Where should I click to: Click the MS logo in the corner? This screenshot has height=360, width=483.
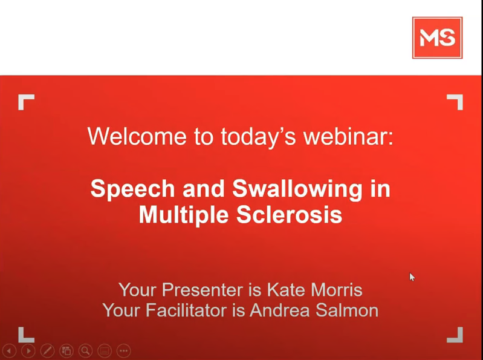pos(437,38)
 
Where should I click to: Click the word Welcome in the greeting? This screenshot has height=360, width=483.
pos(137,136)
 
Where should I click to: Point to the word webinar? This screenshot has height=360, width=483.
pos(348,136)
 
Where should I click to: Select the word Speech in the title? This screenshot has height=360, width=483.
pos(133,189)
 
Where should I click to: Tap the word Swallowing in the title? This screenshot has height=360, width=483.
pos(297,189)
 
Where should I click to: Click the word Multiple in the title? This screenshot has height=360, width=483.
pos(184,215)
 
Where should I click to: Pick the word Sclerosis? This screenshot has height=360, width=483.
pos(289,215)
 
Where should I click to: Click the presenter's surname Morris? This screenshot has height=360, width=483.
pos(336,290)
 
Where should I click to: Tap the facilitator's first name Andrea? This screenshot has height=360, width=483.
pos(280,310)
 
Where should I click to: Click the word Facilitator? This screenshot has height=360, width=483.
pos(186,310)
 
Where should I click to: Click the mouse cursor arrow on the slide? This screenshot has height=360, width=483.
pos(412,277)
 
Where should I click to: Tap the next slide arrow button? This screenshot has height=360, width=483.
pos(28,351)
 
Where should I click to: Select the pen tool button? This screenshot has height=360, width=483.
pos(47,351)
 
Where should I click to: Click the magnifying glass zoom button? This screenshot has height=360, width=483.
pos(86,351)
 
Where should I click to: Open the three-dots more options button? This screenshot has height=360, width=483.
pos(124,351)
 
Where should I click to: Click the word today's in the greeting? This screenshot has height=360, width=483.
pos(258,136)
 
